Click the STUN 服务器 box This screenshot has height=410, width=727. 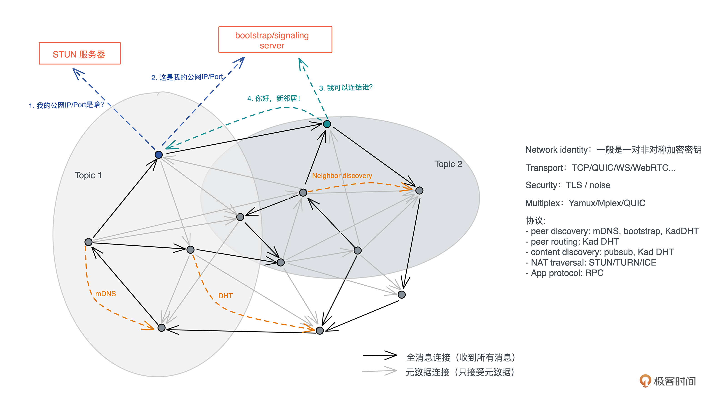tap(80, 54)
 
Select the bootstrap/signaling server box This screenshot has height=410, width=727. tap(275, 40)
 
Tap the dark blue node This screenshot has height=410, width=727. tap(159, 155)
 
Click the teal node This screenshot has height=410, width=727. tap(327, 124)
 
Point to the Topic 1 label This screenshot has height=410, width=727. tap(88, 175)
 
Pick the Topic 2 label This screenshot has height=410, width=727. tap(448, 164)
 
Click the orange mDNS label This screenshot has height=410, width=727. tap(105, 294)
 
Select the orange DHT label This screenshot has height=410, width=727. tap(225, 296)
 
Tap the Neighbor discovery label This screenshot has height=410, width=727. tap(342, 176)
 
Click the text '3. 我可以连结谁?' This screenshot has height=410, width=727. tap(345, 88)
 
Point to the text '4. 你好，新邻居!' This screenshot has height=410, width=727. tap(273, 98)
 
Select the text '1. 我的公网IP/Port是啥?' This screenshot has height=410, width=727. tap(66, 105)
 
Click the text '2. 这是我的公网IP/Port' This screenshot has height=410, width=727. tap(187, 77)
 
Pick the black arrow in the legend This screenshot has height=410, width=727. tap(379, 355)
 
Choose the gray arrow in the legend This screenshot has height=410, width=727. tap(379, 371)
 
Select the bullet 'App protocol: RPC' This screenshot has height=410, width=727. tap(565, 273)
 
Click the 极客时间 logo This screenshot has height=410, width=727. tap(668, 381)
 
